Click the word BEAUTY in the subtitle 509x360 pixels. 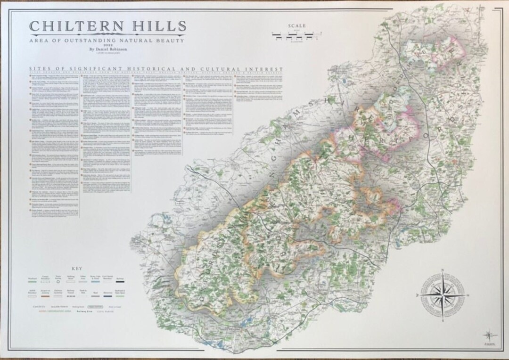171,41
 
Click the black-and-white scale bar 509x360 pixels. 298,34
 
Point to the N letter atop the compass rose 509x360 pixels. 443,270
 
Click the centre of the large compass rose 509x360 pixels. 443,294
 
